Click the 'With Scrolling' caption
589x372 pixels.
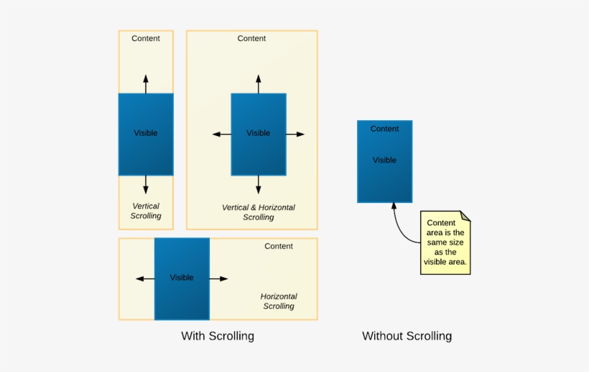(x=217, y=336)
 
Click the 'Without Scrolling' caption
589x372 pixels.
(x=407, y=336)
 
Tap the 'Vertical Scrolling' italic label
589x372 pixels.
(x=146, y=211)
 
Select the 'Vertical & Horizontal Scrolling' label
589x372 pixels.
(x=259, y=212)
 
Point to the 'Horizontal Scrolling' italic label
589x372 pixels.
(x=279, y=301)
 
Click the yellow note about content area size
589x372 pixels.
(x=445, y=242)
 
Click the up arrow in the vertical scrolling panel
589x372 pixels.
(x=146, y=83)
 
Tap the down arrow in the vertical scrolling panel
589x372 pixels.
(x=146, y=184)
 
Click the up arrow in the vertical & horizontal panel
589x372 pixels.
(x=259, y=83)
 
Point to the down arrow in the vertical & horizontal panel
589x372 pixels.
(x=259, y=184)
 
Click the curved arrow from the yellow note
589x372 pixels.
(x=399, y=223)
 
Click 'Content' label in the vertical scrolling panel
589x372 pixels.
(x=146, y=38)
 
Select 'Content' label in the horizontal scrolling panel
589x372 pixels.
(x=279, y=246)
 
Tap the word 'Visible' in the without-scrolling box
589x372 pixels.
(x=384, y=160)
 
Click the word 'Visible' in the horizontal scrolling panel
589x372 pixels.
(x=182, y=278)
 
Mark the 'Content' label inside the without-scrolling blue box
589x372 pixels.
(x=384, y=129)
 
